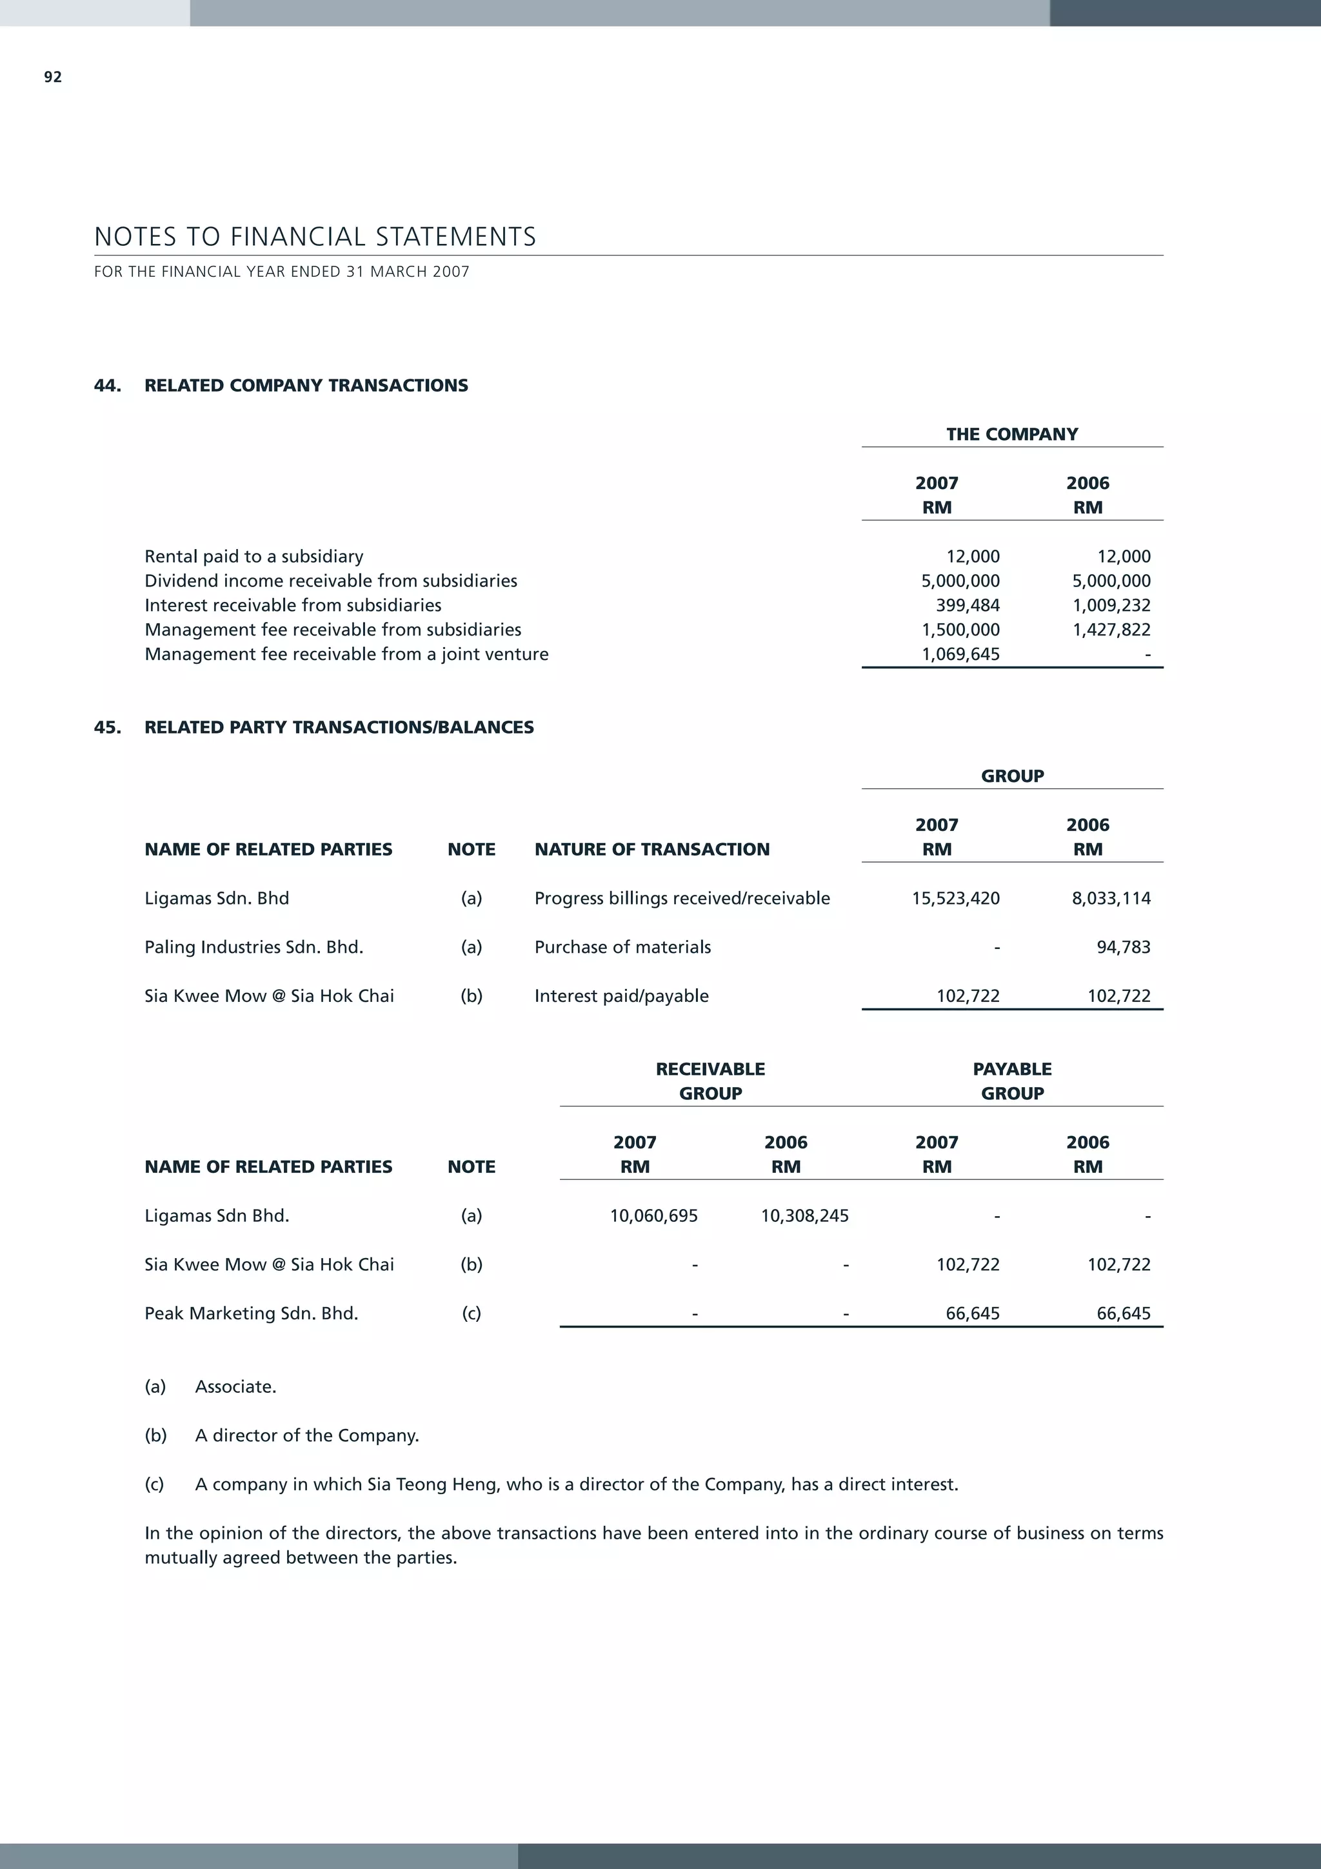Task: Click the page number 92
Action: coord(53,77)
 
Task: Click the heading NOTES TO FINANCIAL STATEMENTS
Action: coord(315,237)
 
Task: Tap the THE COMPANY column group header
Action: coord(1011,435)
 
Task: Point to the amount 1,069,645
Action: coord(960,654)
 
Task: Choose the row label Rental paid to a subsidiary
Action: coord(254,557)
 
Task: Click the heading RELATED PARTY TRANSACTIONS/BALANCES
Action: coord(339,728)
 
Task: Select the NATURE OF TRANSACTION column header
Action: coord(651,850)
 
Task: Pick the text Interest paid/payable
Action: coord(621,996)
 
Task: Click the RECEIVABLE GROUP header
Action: coord(710,1081)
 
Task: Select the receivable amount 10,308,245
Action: coord(804,1216)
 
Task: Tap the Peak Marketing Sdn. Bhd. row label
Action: coord(251,1314)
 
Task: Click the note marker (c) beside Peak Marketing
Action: coord(472,1314)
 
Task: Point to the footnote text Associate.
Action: coord(235,1387)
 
